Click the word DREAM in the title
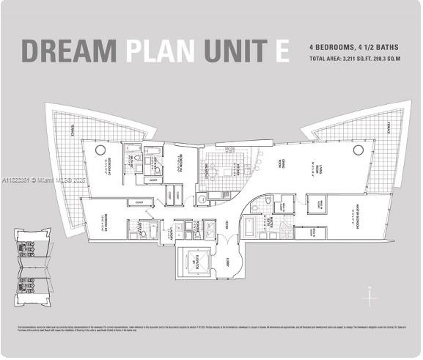69,51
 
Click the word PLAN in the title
161,51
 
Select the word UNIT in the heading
234,51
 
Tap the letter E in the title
282,51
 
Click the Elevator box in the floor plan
195,262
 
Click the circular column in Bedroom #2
100,150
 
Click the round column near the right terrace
358,150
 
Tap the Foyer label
228,224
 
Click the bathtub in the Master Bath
249,225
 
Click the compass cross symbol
371,298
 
